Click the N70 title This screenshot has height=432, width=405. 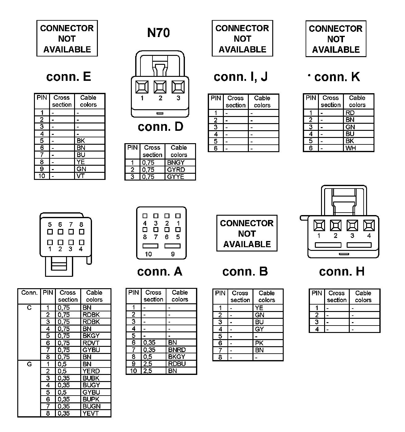click(x=158, y=33)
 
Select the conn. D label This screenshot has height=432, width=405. click(x=161, y=127)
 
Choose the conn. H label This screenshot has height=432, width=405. click(x=342, y=272)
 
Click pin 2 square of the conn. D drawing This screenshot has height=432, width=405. click(x=160, y=87)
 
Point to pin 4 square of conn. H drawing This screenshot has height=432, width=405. click(x=369, y=226)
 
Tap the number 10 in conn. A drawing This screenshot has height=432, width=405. click(x=148, y=254)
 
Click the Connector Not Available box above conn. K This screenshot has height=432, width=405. click(x=336, y=39)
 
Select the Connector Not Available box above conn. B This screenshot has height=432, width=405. click(x=247, y=234)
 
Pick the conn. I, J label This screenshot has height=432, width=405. click(x=241, y=77)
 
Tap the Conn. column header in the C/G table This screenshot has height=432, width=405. click(x=29, y=293)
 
